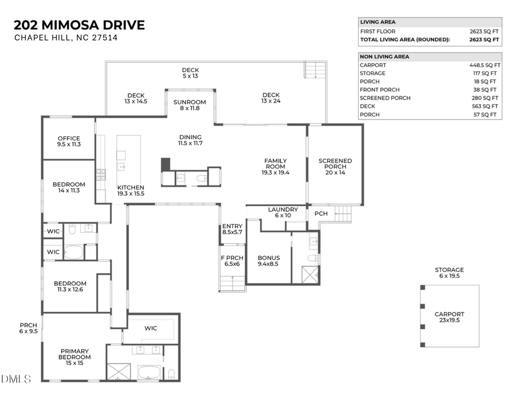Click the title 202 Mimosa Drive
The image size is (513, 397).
[x=79, y=25]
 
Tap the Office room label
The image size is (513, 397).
[x=69, y=141]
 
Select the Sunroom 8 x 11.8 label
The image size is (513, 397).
[x=190, y=105]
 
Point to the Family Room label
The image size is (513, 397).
[x=275, y=166]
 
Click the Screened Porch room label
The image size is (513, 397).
[x=335, y=166]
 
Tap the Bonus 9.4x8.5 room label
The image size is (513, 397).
[x=268, y=261]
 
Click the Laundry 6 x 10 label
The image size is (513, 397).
[x=283, y=212]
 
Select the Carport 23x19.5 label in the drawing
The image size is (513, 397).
[x=449, y=317]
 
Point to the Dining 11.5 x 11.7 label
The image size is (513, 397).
[x=190, y=140]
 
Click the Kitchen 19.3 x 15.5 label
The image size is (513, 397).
[x=131, y=191]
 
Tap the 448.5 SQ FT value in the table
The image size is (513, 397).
[x=484, y=65]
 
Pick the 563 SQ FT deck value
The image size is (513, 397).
[x=486, y=106]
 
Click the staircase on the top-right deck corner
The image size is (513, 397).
[x=313, y=70]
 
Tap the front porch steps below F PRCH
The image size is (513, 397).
[x=233, y=283]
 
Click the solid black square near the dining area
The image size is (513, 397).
[x=166, y=164]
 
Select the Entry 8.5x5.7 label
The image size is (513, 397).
[x=232, y=229]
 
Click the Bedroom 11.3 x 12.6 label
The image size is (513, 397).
[x=70, y=286]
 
